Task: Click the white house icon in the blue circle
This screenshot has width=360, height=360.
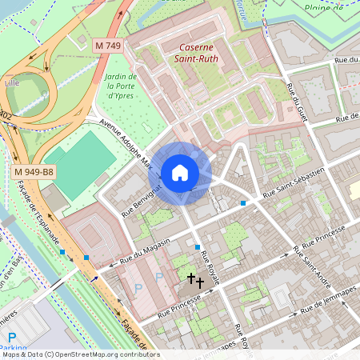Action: (180, 173)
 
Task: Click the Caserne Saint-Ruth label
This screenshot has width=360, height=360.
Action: (198, 53)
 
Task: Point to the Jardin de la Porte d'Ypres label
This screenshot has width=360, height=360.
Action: (120, 86)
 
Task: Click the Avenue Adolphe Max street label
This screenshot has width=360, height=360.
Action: (126, 145)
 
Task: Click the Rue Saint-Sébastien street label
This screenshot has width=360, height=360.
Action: (294, 183)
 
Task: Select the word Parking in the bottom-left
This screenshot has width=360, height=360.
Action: (13, 350)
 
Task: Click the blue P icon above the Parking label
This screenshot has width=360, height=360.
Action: (11, 337)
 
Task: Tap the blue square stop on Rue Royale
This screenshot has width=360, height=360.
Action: (198, 248)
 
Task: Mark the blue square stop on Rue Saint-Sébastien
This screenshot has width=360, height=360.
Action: (243, 204)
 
